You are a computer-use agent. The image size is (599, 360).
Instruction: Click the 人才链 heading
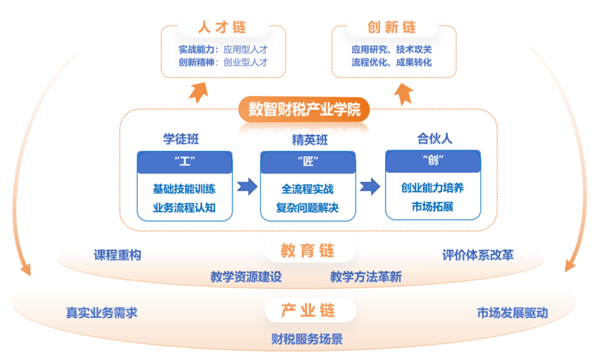click(x=222, y=27)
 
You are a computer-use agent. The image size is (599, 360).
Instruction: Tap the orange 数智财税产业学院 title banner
click(x=305, y=110)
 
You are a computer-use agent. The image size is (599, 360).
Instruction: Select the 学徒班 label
click(x=181, y=139)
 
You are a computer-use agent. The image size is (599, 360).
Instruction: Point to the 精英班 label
click(x=309, y=140)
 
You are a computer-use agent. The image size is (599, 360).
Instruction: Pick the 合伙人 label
click(x=435, y=139)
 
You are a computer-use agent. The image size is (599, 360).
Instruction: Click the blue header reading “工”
click(x=185, y=161)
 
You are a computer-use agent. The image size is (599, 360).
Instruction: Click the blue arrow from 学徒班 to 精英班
click(x=246, y=186)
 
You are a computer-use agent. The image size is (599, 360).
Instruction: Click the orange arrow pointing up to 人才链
click(x=197, y=91)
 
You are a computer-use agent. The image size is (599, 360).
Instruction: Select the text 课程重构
click(x=118, y=255)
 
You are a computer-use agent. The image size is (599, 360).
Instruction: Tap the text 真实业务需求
click(x=102, y=313)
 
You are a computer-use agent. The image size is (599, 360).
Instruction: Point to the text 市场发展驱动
click(x=513, y=313)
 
